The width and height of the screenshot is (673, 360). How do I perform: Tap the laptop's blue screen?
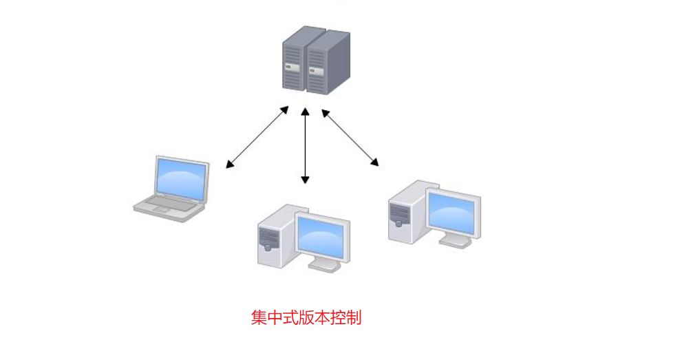181,178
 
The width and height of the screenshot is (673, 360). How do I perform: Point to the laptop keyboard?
165,201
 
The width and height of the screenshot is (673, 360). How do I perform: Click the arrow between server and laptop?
258,137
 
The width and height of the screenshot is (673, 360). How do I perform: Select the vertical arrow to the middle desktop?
306,145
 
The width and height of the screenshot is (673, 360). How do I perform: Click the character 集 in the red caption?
259,318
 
